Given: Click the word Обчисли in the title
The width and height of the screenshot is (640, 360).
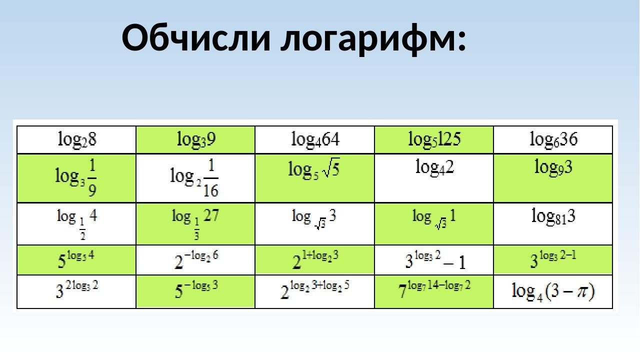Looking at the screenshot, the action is coord(196,37).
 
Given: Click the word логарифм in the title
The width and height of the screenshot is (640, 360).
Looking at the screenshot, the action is coord(373,39).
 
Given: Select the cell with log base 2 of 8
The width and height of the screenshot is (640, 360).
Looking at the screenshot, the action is coord(76,139).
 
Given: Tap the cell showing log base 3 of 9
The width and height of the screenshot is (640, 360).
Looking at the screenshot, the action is coord(195,139).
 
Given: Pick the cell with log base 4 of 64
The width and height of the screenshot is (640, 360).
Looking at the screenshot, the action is coord(314,139).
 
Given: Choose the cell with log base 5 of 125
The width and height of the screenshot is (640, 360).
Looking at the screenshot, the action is coord(433,139).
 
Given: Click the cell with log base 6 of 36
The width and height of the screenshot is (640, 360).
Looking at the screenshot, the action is coord(553,139).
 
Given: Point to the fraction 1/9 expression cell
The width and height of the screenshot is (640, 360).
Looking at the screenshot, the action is coord(76,178).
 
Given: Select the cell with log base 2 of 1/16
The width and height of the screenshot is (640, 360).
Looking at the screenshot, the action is coord(195,178).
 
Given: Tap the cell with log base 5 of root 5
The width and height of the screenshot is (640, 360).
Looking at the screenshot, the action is coord(314,178).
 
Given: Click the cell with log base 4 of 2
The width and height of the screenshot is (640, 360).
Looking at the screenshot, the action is coord(433,178).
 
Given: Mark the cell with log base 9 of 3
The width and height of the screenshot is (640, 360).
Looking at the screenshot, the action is coord(553,178).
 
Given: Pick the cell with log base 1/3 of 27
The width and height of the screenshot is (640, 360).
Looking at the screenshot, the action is coord(195,223).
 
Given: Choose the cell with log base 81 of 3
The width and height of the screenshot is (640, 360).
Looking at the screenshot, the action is coord(553,223).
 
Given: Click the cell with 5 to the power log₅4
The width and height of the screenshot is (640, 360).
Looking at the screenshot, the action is coord(76,260).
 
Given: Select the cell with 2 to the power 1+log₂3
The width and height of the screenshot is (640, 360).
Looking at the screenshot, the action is coord(314,260).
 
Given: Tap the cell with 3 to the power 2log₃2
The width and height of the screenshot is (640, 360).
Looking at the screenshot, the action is coord(76,291).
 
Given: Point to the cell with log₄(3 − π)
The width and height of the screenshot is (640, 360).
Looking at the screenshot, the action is coord(553,291).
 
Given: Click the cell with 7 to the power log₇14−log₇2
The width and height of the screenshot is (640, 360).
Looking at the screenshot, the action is coord(433,291).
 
